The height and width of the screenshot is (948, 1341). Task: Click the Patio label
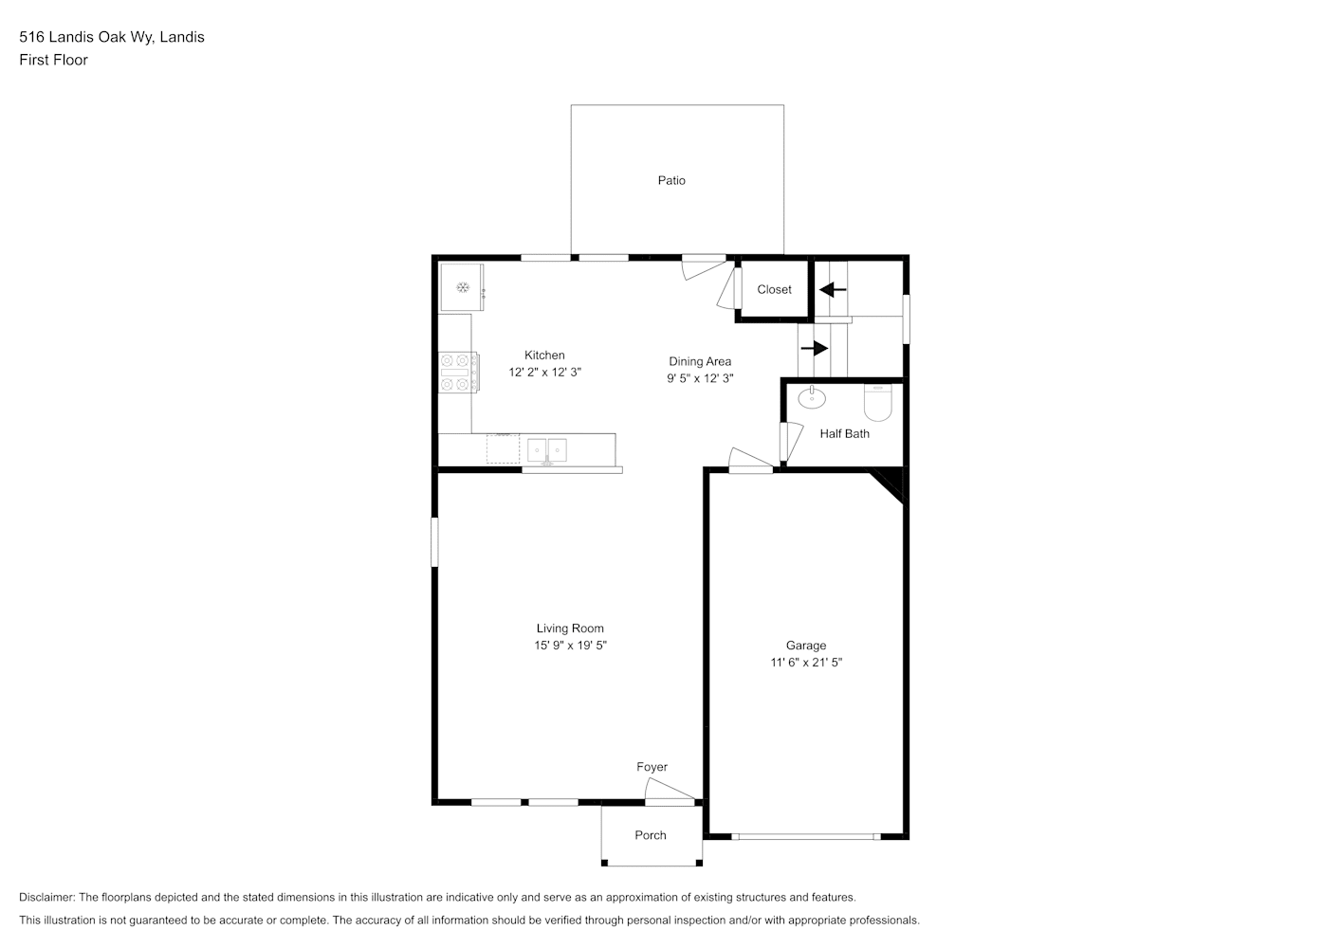pyautogui.click(x=671, y=180)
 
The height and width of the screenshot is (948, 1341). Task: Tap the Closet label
pyautogui.click(x=774, y=289)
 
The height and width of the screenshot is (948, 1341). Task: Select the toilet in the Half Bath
pyautogui.click(x=877, y=402)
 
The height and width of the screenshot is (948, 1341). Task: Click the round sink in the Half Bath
pyautogui.click(x=812, y=397)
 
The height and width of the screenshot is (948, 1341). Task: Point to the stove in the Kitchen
pyautogui.click(x=459, y=373)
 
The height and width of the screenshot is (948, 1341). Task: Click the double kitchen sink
pyautogui.click(x=546, y=450)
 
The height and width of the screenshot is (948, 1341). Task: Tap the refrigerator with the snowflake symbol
pyautogui.click(x=462, y=287)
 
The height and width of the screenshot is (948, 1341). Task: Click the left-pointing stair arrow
pyautogui.click(x=832, y=290)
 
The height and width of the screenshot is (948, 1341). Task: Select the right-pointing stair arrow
pyautogui.click(x=814, y=348)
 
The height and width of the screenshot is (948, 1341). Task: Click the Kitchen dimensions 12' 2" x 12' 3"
pyautogui.click(x=544, y=372)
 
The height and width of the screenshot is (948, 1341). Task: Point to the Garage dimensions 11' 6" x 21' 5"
pyautogui.click(x=806, y=662)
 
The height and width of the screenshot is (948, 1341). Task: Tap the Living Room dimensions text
pyautogui.click(x=570, y=645)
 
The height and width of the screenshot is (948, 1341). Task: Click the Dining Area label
pyautogui.click(x=700, y=361)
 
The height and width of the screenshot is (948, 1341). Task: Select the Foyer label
pyautogui.click(x=652, y=767)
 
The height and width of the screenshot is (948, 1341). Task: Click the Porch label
pyautogui.click(x=651, y=835)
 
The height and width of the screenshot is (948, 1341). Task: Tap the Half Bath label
pyautogui.click(x=844, y=433)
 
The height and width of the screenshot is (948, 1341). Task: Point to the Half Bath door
pyautogui.click(x=792, y=442)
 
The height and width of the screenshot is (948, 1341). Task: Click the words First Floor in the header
pyautogui.click(x=53, y=60)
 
